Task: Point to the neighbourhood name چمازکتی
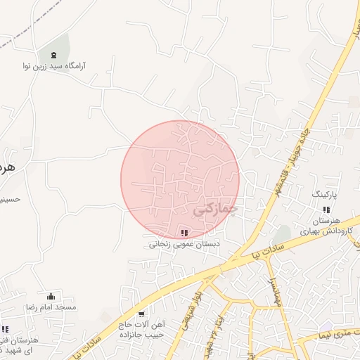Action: click(214, 209)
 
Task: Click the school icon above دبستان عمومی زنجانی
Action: click(184, 233)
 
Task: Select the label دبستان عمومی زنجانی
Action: click(184, 245)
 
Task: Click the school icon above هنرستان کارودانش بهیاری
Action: click(326, 209)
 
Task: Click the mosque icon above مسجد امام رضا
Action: click(51, 296)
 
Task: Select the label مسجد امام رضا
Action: click(51, 308)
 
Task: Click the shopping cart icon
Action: click(142, 314)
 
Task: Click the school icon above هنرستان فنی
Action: click(5, 329)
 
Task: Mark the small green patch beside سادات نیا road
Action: click(282, 233)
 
